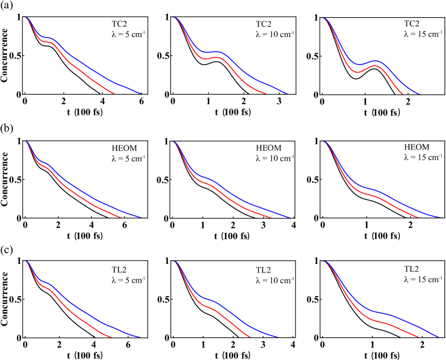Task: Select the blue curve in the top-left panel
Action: (97, 72)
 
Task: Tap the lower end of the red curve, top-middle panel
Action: (266, 93)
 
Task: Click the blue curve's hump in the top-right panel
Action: (376, 61)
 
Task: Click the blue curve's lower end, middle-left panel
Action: (141, 217)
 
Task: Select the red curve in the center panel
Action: (231, 199)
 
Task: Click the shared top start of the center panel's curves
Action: (174, 142)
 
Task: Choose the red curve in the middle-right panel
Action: (386, 201)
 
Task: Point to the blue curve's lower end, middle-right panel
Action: (440, 217)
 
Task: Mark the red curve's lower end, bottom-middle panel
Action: (250, 337)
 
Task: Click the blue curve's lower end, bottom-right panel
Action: (439, 337)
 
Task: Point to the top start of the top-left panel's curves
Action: (26, 18)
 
